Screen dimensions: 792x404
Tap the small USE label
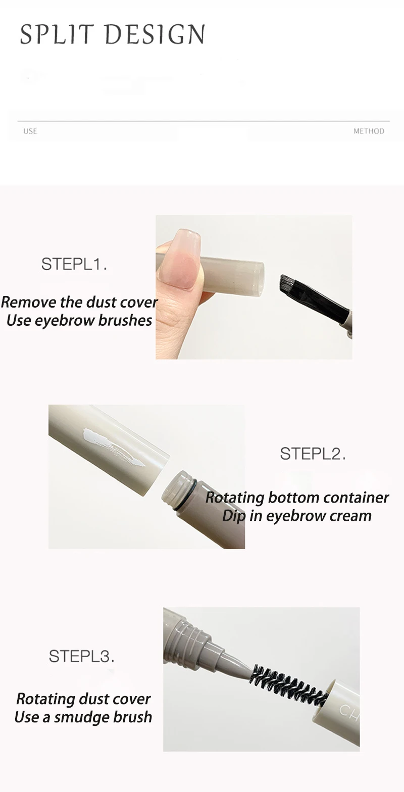coord(30,131)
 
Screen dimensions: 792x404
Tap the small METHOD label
coord(369,131)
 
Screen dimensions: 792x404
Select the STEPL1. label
coord(74,264)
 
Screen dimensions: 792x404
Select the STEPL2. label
coord(313,454)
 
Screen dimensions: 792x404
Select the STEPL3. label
coord(81,656)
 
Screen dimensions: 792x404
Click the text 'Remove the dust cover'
coord(79,302)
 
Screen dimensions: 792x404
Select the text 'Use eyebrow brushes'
coord(79,320)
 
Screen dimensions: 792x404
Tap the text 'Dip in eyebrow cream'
coord(297,516)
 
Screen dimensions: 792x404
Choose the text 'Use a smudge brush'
coord(83,717)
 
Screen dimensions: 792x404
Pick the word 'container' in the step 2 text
coord(356,498)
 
